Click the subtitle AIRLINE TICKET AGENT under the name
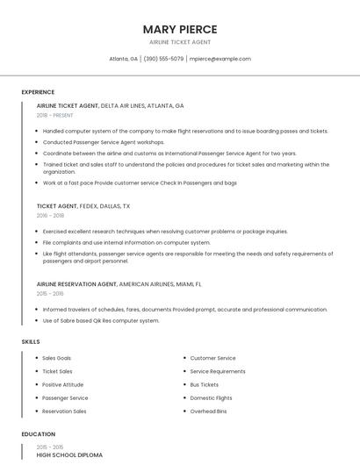[180, 42]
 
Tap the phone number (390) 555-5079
[163, 59]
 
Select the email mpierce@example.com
[220, 59]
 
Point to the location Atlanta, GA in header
[123, 59]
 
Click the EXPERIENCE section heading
[38, 92]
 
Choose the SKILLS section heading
[31, 341]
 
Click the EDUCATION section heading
[39, 434]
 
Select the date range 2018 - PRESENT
[55, 115]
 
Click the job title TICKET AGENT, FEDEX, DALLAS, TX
[83, 206]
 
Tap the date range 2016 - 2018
[50, 215]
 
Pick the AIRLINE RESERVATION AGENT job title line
[119, 284]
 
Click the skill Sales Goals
[57, 358]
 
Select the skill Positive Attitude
[63, 384]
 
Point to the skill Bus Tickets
[205, 384]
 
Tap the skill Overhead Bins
[208, 411]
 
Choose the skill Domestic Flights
[211, 397]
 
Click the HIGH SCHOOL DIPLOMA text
[69, 455]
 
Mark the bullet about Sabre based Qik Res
[101, 320]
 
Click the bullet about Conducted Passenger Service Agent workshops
[104, 142]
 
